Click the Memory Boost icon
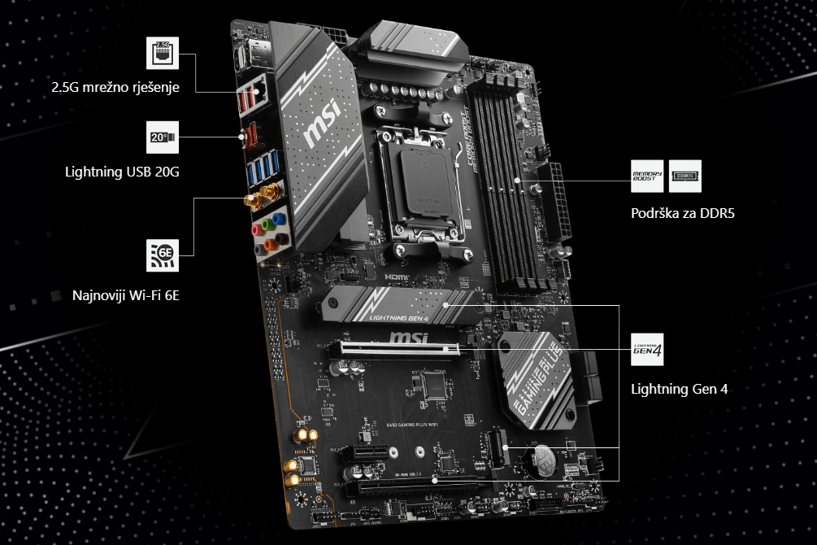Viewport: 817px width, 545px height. coord(647,176)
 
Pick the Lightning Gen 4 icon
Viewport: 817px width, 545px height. coord(647,350)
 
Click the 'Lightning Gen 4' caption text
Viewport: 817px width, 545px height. coord(680,389)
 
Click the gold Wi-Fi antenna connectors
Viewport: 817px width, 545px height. coord(262,197)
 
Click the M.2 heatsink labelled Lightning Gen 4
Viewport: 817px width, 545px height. coord(398,307)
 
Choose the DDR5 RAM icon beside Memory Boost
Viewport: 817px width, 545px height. coord(685,176)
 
